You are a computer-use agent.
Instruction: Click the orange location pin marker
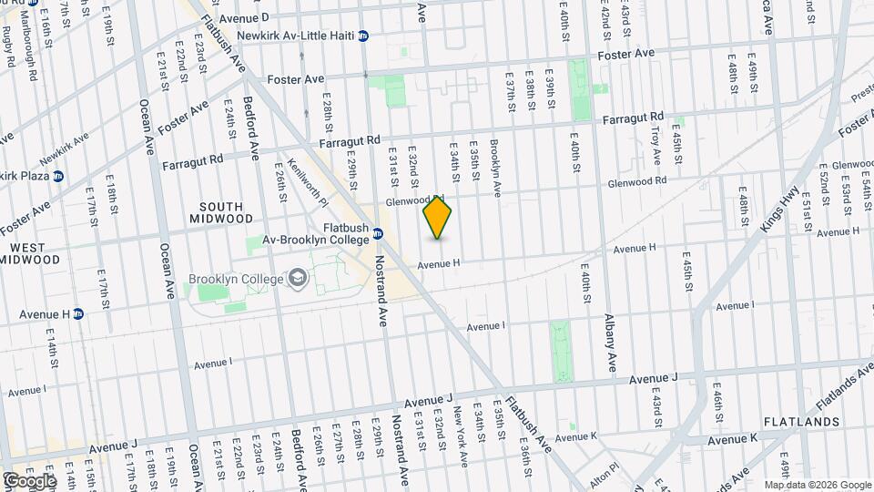(438, 217)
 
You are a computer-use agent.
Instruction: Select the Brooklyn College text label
(236, 278)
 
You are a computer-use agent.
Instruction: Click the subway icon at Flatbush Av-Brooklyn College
(377, 235)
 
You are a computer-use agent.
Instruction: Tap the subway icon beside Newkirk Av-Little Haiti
(363, 36)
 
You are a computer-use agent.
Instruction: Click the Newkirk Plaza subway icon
(57, 175)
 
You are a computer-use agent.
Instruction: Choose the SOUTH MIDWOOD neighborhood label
(221, 212)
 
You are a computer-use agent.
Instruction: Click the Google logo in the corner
(29, 480)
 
